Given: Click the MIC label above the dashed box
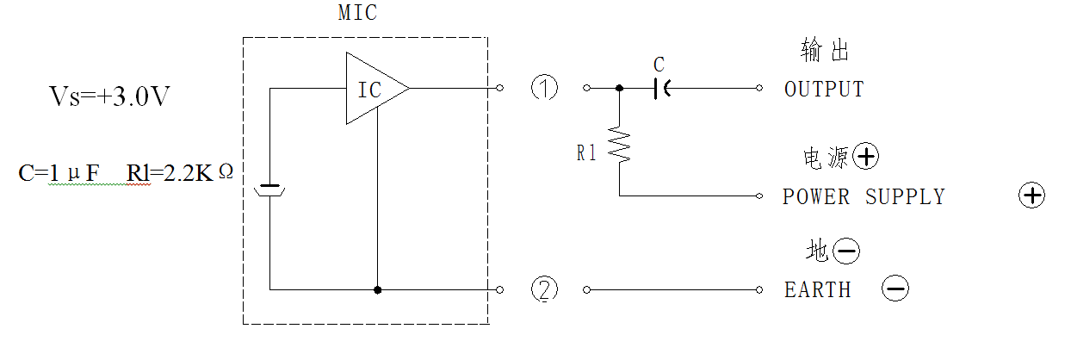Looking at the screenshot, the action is point(357,13).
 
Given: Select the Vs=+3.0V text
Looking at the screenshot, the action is point(109,96).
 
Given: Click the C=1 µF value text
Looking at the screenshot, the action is point(59,173).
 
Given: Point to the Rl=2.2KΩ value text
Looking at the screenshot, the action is point(180,172).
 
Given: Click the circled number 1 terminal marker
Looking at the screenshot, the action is point(545,88).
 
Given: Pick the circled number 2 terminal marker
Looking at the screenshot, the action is point(545,289).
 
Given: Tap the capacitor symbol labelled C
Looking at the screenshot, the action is point(662,89).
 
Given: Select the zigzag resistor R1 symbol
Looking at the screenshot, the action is point(619,145).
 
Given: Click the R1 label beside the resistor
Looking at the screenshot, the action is point(586,153).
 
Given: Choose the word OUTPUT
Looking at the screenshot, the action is point(824,90).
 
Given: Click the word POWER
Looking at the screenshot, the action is point(815,197).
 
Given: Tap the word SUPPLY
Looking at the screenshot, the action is point(905,197).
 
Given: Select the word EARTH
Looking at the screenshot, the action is point(818,289).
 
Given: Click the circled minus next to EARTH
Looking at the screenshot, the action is point(895,289).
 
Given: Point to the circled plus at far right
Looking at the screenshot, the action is point(1031,195).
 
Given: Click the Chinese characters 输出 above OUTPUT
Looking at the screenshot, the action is point(825,50).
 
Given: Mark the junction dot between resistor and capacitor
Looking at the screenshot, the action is point(619,88).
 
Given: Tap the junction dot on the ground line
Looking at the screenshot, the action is point(377,289).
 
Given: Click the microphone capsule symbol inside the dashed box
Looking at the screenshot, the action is point(269,189).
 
